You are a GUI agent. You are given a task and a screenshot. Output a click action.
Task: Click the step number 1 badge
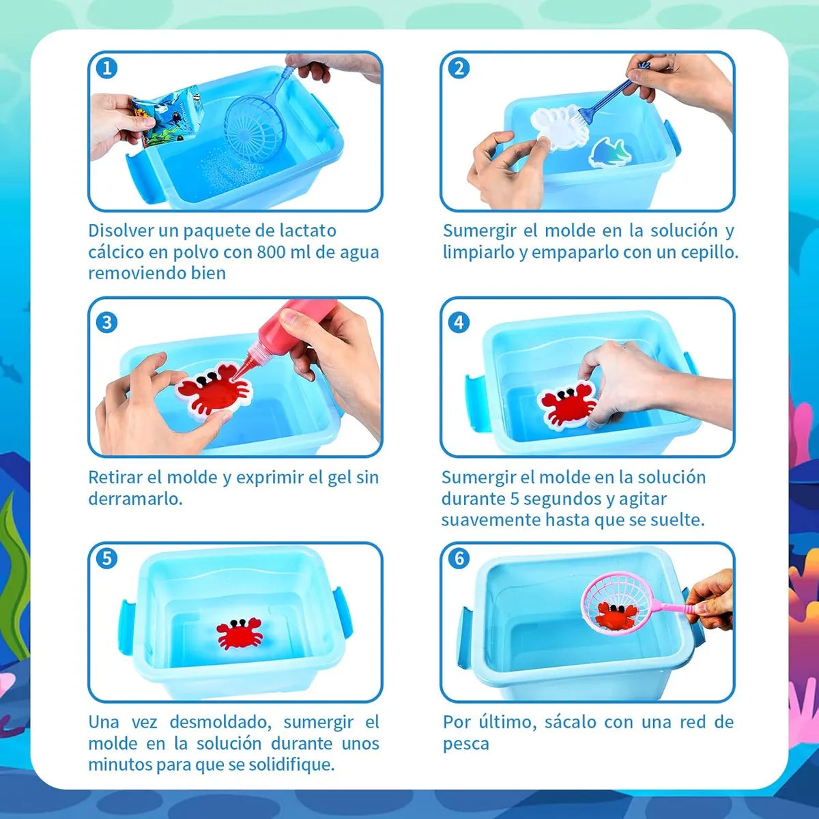coord(106,68)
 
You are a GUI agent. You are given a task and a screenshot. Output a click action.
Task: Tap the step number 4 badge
coord(459,323)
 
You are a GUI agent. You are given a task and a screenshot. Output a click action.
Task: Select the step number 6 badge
coord(459,558)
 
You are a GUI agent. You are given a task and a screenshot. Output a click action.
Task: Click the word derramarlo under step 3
coord(135,499)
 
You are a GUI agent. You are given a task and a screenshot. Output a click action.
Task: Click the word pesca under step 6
coord(466,744)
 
